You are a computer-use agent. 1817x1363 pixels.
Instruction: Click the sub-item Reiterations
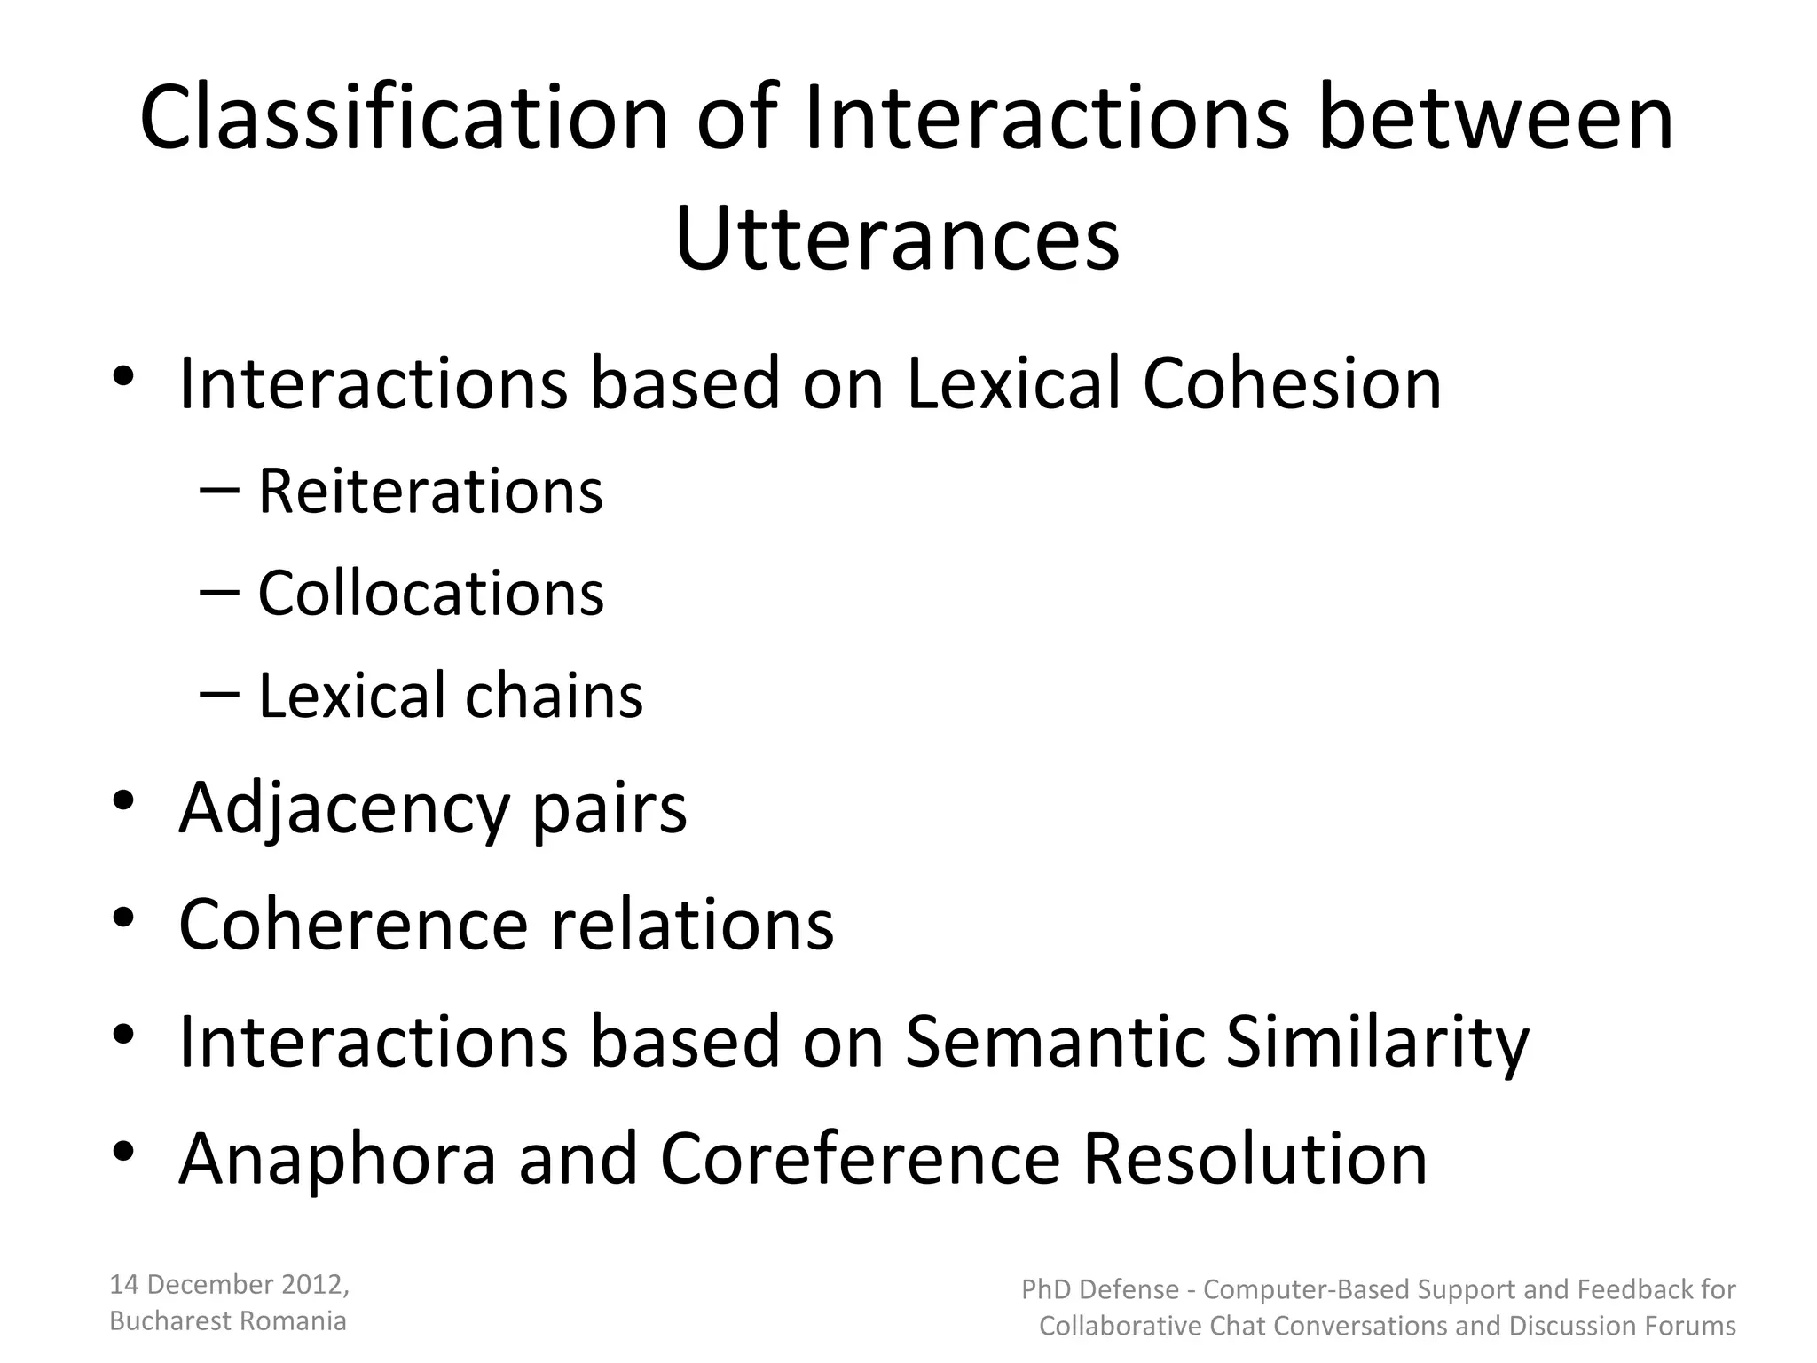430,492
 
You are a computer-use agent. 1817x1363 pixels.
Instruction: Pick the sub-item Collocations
430,594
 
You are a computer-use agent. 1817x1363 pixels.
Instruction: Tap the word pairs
609,809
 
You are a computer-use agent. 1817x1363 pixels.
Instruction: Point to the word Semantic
1054,1042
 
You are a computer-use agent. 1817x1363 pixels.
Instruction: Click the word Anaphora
337,1159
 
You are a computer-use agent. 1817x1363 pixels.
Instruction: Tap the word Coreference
860,1159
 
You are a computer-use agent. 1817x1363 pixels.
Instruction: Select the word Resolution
1255,1159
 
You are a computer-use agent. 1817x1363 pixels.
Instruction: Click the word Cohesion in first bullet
1292,384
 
